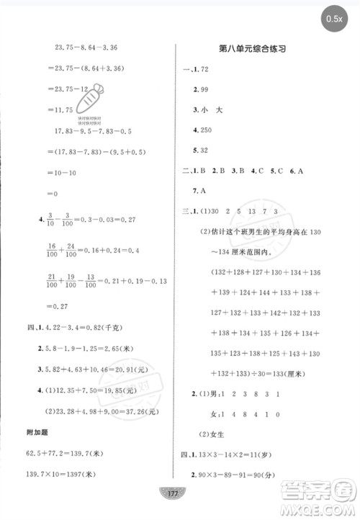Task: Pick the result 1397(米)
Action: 78,475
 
